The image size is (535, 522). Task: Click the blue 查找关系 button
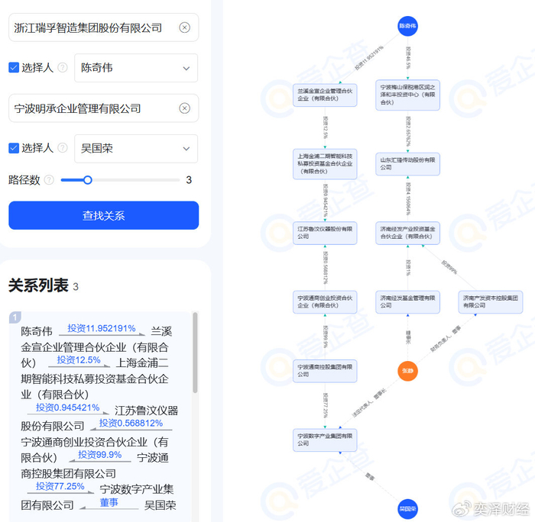(x=103, y=215)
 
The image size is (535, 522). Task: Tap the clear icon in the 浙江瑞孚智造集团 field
(x=184, y=27)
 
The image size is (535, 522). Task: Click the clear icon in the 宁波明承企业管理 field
(x=184, y=108)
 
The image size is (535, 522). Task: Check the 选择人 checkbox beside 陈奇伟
(x=14, y=68)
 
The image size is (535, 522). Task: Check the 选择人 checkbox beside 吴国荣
(x=14, y=148)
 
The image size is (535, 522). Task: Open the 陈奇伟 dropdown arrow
(x=186, y=69)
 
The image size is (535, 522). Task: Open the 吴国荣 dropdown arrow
(x=186, y=149)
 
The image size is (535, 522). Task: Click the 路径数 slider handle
(x=88, y=180)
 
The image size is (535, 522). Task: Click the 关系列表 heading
(x=38, y=285)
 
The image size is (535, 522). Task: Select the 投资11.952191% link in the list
(x=101, y=329)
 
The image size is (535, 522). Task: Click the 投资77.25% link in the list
(x=60, y=486)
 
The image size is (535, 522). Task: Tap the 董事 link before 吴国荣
(x=109, y=503)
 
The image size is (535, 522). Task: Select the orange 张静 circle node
(x=407, y=371)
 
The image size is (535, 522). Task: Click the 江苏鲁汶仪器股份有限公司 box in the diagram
(x=325, y=232)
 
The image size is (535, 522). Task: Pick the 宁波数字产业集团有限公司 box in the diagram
(x=325, y=439)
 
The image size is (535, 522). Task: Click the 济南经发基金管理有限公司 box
(x=407, y=301)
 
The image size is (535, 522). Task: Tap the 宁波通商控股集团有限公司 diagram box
(x=325, y=370)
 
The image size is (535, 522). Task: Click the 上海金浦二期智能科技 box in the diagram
(x=325, y=163)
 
